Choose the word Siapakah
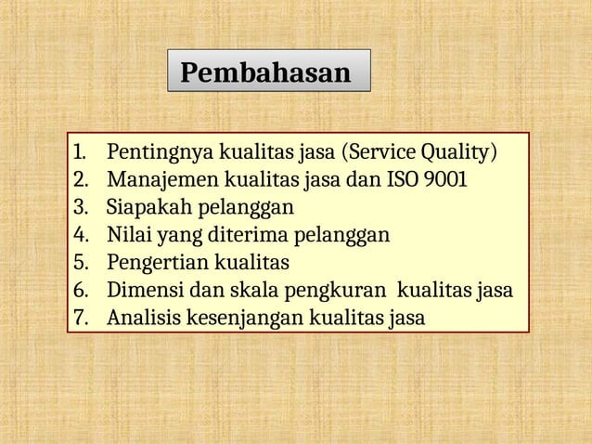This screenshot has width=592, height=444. (x=143, y=205)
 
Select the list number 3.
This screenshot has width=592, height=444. (x=79, y=205)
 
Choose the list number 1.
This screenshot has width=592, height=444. (x=78, y=151)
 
